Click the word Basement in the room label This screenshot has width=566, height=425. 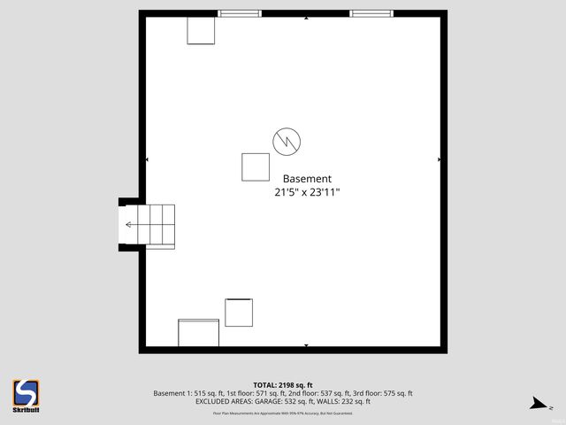click(x=307, y=178)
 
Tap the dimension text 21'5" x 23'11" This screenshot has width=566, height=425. click(x=307, y=191)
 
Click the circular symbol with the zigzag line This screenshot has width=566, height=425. click(x=287, y=140)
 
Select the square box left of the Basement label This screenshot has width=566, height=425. click(x=256, y=166)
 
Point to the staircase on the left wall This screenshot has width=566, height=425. click(x=151, y=226)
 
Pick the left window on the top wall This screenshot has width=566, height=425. click(x=240, y=13)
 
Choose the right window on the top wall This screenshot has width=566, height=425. click(x=371, y=13)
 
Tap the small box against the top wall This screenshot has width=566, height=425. click(x=201, y=30)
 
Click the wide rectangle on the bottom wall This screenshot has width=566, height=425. click(x=198, y=333)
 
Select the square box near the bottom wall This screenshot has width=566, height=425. click(x=239, y=313)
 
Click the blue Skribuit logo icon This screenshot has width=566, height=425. click(x=26, y=392)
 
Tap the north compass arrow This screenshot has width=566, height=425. click(x=538, y=404)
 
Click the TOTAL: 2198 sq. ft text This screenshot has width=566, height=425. click(x=282, y=385)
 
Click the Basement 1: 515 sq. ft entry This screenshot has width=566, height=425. click(x=184, y=393)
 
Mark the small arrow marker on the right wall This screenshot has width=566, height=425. click(x=439, y=159)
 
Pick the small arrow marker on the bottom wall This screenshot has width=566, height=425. click(x=306, y=345)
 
